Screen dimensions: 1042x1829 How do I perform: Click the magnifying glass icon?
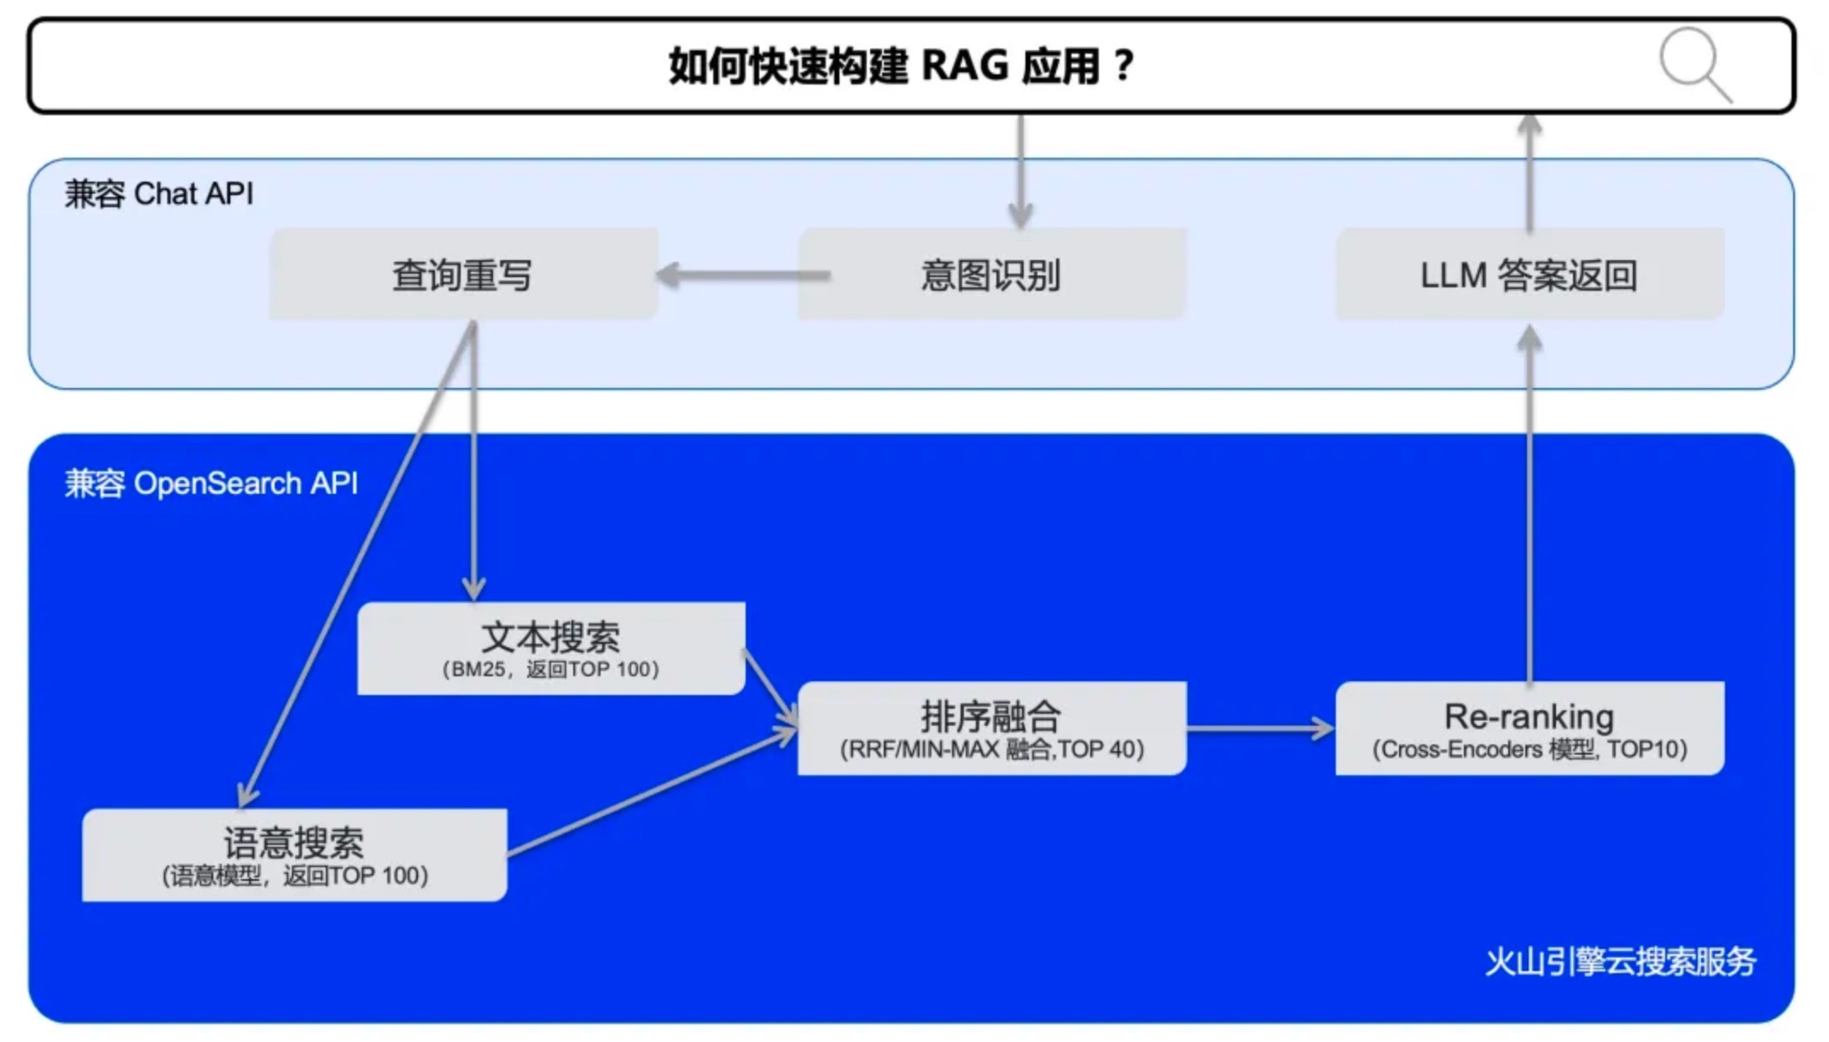pos(1694,64)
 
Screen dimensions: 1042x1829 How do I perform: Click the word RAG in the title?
pos(965,66)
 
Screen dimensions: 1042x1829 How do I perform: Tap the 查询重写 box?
pos(462,275)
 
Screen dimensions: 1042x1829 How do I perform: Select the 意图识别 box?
pos(990,275)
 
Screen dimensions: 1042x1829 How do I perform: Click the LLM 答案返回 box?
pos(1529,275)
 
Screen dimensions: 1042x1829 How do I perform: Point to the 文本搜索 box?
pos(550,647)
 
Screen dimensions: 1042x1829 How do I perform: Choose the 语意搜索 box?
pos(294,854)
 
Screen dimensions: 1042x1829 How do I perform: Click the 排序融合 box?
pos(990,727)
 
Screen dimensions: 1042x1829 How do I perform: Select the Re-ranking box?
pos(1529,727)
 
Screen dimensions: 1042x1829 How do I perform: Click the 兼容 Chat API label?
pos(160,194)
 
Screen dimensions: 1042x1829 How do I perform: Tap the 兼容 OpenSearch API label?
pos(212,483)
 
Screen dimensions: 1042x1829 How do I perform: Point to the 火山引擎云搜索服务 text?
pos(1620,962)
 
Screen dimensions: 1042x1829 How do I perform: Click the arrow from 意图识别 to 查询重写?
pos(742,275)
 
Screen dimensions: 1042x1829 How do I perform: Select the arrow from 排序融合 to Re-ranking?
pos(1260,728)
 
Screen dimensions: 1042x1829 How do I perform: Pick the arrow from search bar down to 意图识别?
pos(1020,171)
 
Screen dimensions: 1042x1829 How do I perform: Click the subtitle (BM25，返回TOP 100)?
pos(550,669)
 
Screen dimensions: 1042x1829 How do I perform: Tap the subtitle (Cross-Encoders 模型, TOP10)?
pos(1529,750)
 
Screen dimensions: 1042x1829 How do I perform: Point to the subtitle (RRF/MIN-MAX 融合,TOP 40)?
pos(991,750)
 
